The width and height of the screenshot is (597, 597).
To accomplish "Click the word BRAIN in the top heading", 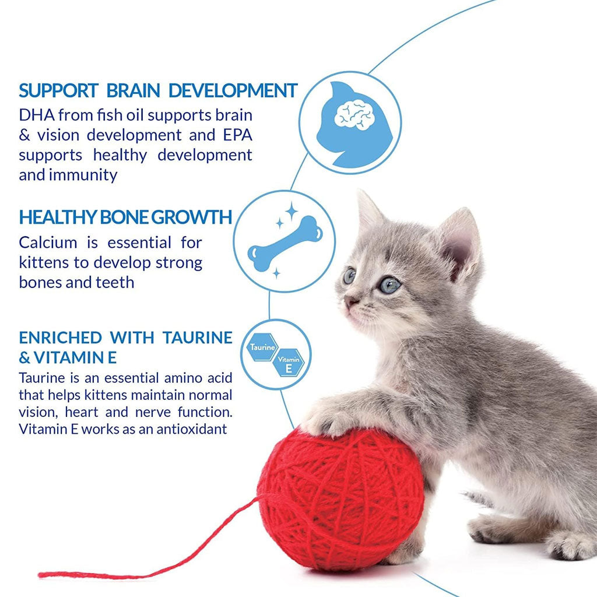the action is pos(134,90).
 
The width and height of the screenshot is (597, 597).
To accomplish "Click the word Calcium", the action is pos(48,243).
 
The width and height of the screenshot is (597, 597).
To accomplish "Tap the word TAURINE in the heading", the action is pos(197,338).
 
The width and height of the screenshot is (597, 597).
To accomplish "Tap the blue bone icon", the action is pos(285,244).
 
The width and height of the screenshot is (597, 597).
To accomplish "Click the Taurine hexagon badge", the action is pos(263,347).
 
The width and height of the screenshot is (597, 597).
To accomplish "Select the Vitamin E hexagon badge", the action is pos(289,363).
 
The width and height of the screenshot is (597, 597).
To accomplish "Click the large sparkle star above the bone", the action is pos(292,211).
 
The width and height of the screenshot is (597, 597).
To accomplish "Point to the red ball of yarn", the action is pos(340,499).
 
